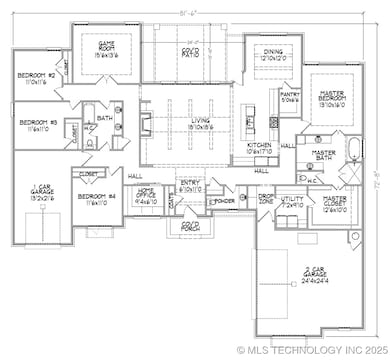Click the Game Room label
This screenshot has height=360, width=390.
click(x=106, y=48)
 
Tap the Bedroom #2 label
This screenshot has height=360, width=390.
click(x=35, y=78)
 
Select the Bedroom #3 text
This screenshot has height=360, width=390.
click(x=37, y=125)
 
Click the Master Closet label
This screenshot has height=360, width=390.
click(x=334, y=205)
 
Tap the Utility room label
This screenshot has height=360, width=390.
click(x=292, y=203)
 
